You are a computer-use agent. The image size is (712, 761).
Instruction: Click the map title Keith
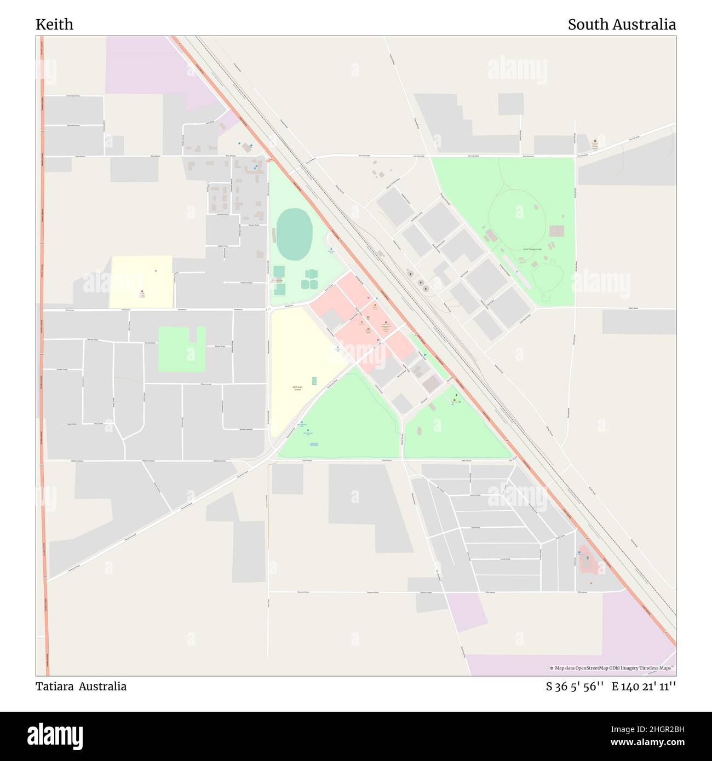tap(54, 25)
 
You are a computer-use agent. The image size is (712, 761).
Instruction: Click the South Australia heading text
tap(621, 25)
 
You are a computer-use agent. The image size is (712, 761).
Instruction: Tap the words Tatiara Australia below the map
tap(81, 687)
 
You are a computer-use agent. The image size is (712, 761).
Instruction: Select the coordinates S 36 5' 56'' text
tap(575, 687)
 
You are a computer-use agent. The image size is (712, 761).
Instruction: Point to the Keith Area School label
tap(297, 388)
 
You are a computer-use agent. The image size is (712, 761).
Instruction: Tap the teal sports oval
tap(294, 234)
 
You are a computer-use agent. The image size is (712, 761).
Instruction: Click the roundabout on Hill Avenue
tap(269, 310)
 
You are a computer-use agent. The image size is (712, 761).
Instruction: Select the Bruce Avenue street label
tap(206, 384)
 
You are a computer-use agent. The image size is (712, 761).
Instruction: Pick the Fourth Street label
tap(504, 559)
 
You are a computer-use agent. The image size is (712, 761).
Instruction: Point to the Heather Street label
tap(62, 370)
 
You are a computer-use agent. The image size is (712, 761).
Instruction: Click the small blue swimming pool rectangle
tap(314, 444)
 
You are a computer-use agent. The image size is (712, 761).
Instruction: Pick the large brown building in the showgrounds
tap(556, 231)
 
